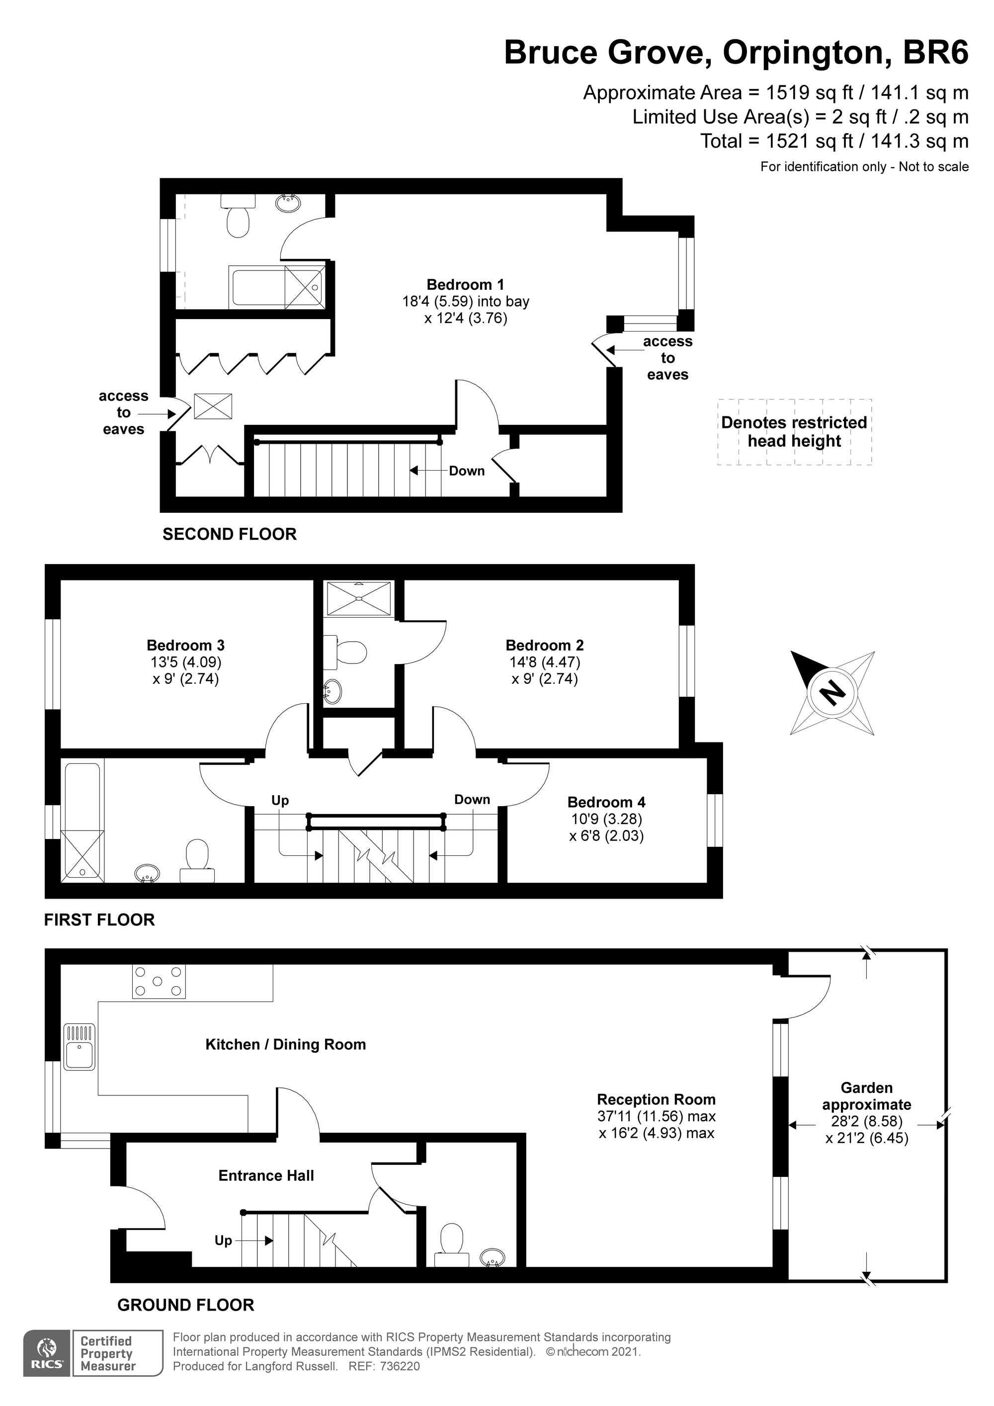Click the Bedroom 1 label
click(466, 285)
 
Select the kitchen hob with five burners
click(159, 981)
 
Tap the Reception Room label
click(656, 1099)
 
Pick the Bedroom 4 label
click(606, 802)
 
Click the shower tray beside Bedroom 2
click(358, 598)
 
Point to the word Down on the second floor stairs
click(467, 471)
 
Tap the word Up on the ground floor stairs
click(223, 1240)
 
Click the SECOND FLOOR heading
click(229, 534)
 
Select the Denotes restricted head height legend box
click(794, 432)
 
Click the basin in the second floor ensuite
click(288, 203)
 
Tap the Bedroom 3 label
click(185, 646)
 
